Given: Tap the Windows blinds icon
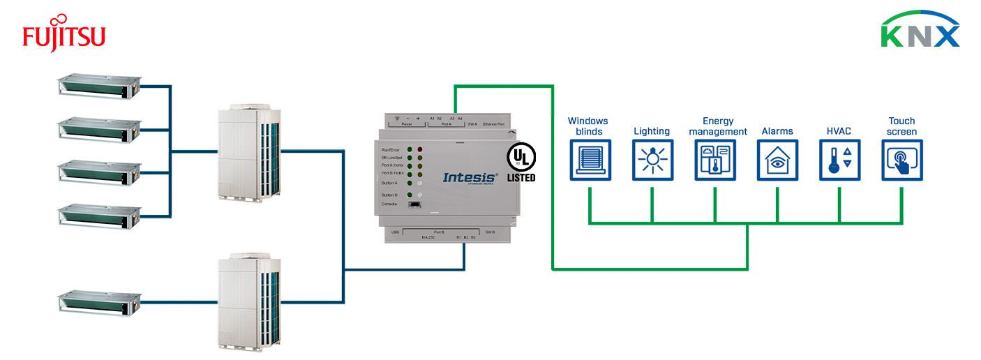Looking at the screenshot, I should (x=590, y=160).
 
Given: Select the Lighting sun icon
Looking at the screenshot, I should (x=652, y=160).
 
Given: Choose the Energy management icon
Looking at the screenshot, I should (x=715, y=160).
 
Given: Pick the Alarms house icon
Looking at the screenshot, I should (x=777, y=160).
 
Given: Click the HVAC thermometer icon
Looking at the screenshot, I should (x=839, y=160).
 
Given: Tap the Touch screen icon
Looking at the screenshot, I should (x=901, y=160).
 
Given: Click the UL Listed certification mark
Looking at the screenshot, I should (x=521, y=162).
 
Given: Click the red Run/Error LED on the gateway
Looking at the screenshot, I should (x=420, y=150).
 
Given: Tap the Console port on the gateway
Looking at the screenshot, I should (x=414, y=204).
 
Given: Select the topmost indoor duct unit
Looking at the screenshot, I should (x=98, y=86).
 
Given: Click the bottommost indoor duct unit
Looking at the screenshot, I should (x=98, y=302).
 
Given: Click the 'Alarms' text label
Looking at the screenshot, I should (x=777, y=131).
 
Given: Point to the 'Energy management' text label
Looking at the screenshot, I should (x=718, y=126).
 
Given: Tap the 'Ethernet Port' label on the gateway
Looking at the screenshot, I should (x=499, y=123).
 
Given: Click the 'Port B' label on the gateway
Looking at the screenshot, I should (x=438, y=232).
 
